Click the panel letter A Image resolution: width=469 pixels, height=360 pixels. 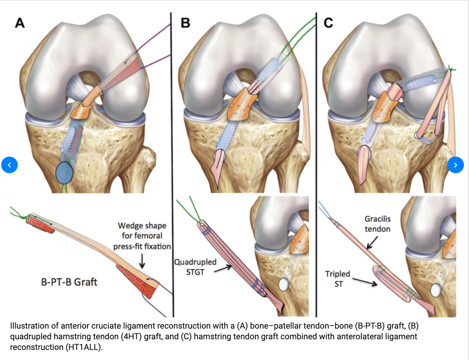coord(20,23)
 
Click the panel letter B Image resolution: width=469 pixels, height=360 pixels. coord(185,23)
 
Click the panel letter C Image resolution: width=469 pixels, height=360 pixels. coord(328,23)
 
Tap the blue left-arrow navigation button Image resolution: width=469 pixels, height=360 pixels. coord(9,165)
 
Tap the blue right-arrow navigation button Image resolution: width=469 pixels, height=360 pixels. coord(455,165)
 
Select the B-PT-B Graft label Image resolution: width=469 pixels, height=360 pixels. coord(69,282)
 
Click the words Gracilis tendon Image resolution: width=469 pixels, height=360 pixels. coord(378,224)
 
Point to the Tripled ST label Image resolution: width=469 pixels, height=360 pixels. coord(338,279)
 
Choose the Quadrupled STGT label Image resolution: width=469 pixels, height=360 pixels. coord(195,267)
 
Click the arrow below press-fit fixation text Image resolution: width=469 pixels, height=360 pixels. coord(142,261)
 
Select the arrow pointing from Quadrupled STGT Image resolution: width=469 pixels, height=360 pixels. coord(223,269)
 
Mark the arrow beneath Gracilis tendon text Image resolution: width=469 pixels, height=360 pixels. coord(372,242)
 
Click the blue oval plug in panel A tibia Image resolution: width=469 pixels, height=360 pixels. coord(64,173)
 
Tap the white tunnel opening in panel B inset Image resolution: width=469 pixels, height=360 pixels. coord(284,285)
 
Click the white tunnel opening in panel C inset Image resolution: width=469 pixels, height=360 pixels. coord(436,290)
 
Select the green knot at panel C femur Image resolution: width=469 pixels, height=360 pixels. coord(451,70)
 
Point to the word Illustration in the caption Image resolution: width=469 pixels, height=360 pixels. coord(30,326)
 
